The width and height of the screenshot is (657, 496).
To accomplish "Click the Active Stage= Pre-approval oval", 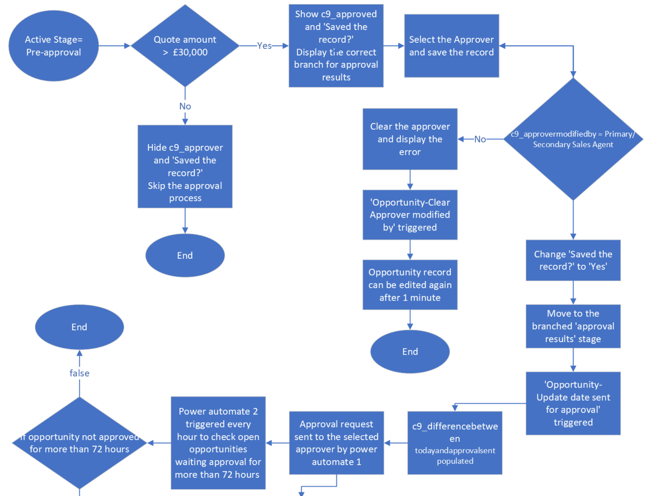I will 54,46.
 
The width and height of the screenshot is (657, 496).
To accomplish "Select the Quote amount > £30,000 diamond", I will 185,46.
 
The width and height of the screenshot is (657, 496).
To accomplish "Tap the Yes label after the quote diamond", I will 264,46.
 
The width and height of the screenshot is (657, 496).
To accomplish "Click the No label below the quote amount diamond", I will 185,106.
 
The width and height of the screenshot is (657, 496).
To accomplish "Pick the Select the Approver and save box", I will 451,46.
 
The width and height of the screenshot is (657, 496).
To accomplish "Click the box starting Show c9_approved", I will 336,46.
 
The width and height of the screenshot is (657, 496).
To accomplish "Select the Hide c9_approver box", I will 185,166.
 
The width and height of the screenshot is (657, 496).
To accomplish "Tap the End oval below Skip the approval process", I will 185,255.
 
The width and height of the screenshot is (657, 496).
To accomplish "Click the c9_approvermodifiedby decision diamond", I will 573,139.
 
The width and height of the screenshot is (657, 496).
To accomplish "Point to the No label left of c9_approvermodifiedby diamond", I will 480,139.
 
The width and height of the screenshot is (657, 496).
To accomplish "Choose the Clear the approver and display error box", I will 410,139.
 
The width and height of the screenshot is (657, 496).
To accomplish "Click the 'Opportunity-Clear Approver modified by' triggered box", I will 410,215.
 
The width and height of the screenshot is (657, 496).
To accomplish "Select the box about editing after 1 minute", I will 410,285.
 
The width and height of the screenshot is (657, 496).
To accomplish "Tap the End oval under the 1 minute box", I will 410,352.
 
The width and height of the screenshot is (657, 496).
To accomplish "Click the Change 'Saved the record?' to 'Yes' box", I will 573,260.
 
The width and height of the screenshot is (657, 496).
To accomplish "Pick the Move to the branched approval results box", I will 573,326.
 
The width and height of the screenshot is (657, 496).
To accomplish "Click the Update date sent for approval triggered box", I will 573,403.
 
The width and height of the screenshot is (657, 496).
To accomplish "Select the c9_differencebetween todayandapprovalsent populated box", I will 455,443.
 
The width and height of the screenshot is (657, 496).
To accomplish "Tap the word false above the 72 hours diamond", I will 79,373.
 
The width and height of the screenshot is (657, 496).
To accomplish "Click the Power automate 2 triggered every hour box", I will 218,443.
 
